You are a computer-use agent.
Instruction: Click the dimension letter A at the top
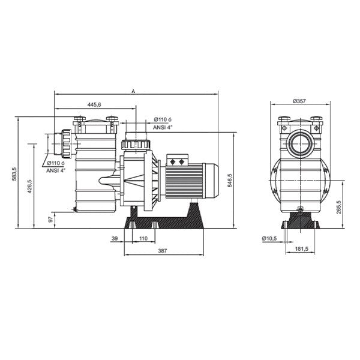[133, 91]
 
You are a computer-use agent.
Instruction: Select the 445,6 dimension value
[94, 105]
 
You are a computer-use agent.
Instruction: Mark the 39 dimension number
[115, 239]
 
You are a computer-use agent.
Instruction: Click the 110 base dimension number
[143, 239]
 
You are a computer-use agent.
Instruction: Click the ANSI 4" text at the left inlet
[58, 170]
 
